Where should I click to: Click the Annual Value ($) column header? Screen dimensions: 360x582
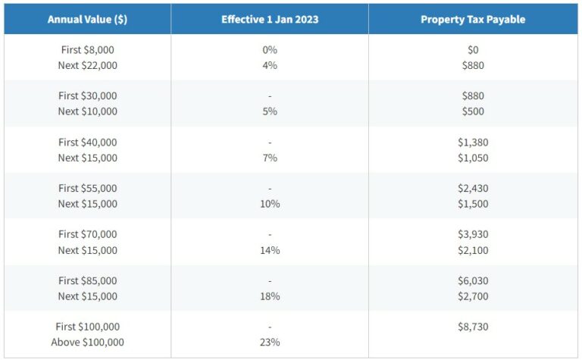click(x=87, y=20)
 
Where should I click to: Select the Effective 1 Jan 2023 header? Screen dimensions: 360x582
click(x=269, y=20)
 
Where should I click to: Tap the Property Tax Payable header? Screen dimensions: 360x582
click(x=473, y=20)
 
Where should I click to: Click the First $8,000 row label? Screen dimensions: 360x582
click(x=87, y=50)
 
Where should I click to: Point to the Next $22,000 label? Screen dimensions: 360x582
click(x=87, y=66)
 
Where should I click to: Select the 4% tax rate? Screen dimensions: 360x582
click(x=270, y=66)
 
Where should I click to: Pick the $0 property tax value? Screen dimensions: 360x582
click(x=473, y=50)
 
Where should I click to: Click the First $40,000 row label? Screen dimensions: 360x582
click(x=87, y=142)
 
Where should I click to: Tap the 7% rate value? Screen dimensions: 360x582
click(x=270, y=158)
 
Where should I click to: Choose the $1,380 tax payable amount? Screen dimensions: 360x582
click(x=473, y=142)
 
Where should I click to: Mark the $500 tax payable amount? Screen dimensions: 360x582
click(x=473, y=112)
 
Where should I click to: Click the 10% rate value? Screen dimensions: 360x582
click(x=270, y=205)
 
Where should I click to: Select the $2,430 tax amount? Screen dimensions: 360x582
click(x=473, y=189)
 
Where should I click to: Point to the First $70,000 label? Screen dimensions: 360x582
click(x=87, y=235)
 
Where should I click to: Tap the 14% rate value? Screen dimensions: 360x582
click(x=270, y=251)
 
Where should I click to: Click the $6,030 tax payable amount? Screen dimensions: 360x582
click(x=473, y=281)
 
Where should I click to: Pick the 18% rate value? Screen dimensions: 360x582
click(x=270, y=297)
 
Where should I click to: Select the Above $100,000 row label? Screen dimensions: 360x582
click(x=87, y=343)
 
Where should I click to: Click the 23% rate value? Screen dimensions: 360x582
click(x=270, y=343)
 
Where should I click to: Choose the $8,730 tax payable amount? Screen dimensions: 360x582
click(x=473, y=327)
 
